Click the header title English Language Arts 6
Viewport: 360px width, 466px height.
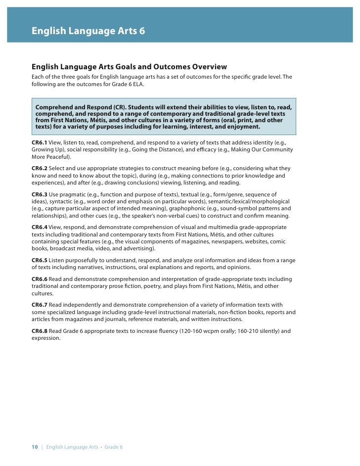click(x=88, y=31)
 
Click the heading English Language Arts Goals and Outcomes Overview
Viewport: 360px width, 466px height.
click(x=129, y=67)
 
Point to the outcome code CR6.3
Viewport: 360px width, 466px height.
click(x=39, y=195)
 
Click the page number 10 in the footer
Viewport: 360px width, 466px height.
click(x=35, y=447)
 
